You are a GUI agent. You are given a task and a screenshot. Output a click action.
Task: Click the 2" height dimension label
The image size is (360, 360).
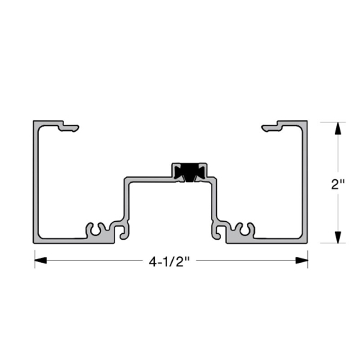[338, 184]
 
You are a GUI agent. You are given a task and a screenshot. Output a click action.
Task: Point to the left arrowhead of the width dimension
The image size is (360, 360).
[40, 262]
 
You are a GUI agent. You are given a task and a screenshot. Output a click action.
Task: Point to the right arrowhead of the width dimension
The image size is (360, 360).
[303, 262]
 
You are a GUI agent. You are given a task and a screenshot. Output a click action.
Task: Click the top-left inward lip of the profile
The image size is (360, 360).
[68, 128]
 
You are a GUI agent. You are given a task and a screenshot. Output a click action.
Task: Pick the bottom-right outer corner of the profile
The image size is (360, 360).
[307, 242]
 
